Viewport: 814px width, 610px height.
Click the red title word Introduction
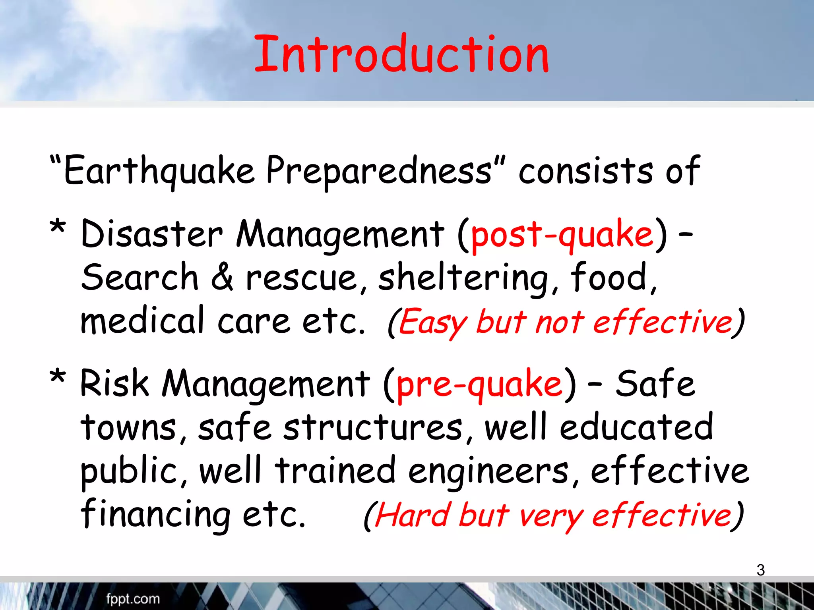tap(401, 55)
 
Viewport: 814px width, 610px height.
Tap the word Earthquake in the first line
tap(159, 171)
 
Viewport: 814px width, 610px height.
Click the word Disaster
tap(151, 234)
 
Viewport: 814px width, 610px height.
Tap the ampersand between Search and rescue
tap(222, 277)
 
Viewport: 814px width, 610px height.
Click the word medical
tap(142, 321)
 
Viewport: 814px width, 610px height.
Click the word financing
tap(155, 514)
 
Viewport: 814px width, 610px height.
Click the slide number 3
tap(760, 570)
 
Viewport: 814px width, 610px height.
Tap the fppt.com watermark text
tap(133, 599)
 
